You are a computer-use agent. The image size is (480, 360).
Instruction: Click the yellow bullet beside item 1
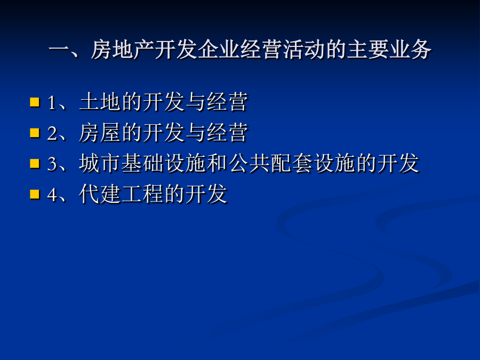point(35,102)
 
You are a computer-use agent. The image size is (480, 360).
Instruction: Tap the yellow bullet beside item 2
point(35,133)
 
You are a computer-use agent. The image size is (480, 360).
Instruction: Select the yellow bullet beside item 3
point(35,164)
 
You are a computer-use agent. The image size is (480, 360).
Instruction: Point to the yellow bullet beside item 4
point(35,194)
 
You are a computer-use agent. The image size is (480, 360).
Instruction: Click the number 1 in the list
point(52,103)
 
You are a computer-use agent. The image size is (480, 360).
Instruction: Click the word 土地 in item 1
point(100,102)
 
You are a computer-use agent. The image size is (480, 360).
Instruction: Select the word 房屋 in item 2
point(100,132)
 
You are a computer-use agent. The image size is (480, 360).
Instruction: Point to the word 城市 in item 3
point(100,163)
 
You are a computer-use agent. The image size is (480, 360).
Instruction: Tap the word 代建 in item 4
point(100,194)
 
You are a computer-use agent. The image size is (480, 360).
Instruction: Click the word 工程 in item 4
point(142,194)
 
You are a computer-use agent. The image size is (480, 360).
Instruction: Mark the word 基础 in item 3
point(142,163)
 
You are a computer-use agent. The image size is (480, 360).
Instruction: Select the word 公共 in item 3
point(249,163)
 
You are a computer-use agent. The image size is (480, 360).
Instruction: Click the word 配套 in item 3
point(291,163)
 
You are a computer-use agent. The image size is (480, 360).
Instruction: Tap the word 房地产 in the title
point(123,49)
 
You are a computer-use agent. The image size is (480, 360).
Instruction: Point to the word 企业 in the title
point(218,49)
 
